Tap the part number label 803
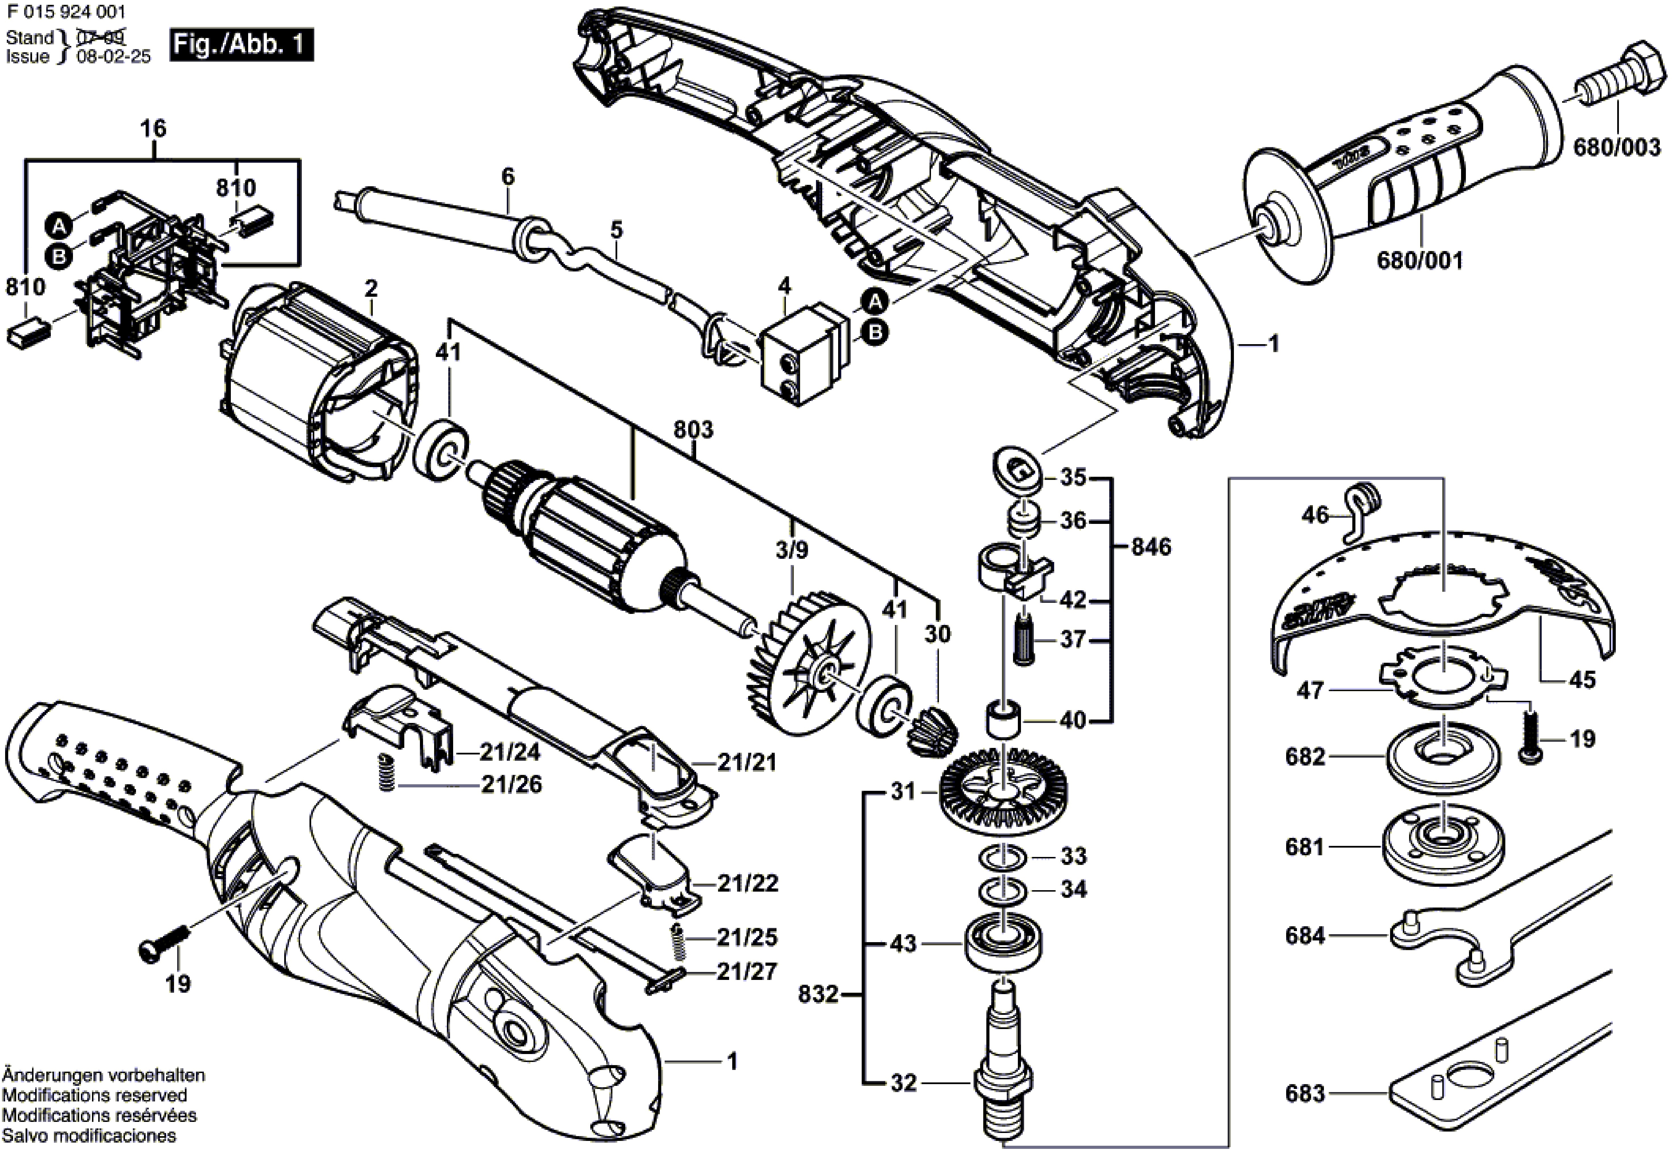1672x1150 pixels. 693,430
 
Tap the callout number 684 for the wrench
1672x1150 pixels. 1305,936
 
